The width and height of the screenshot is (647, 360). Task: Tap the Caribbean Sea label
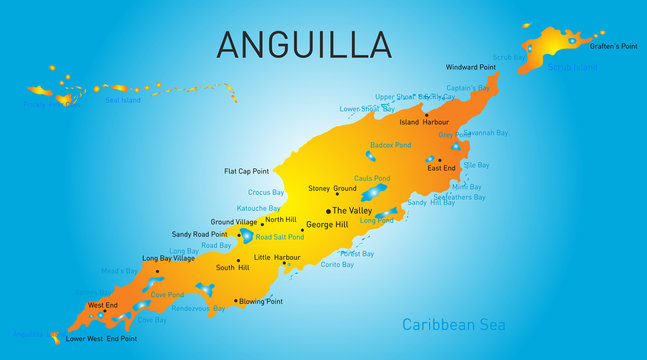click(x=453, y=324)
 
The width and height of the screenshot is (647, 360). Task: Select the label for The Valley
click(x=352, y=211)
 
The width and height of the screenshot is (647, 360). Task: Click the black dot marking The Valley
click(x=326, y=211)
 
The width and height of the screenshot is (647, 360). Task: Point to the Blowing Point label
click(x=261, y=301)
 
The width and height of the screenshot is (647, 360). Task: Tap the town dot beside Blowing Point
click(x=235, y=300)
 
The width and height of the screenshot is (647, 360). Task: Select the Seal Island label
click(x=124, y=100)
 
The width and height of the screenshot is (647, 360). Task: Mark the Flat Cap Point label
click(x=247, y=171)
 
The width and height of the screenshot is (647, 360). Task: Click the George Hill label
click(x=326, y=227)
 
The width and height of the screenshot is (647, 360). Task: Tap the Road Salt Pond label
click(x=279, y=237)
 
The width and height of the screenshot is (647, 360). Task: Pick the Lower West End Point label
click(x=101, y=339)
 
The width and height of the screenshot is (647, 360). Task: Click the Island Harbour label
click(x=424, y=122)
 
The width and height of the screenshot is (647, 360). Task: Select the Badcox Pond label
click(x=390, y=145)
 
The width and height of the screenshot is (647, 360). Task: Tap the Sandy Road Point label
click(x=201, y=234)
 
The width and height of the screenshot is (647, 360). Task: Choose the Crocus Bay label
click(x=266, y=192)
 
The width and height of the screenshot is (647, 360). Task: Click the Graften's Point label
click(x=614, y=47)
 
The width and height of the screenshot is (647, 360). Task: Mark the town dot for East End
click(x=438, y=159)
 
